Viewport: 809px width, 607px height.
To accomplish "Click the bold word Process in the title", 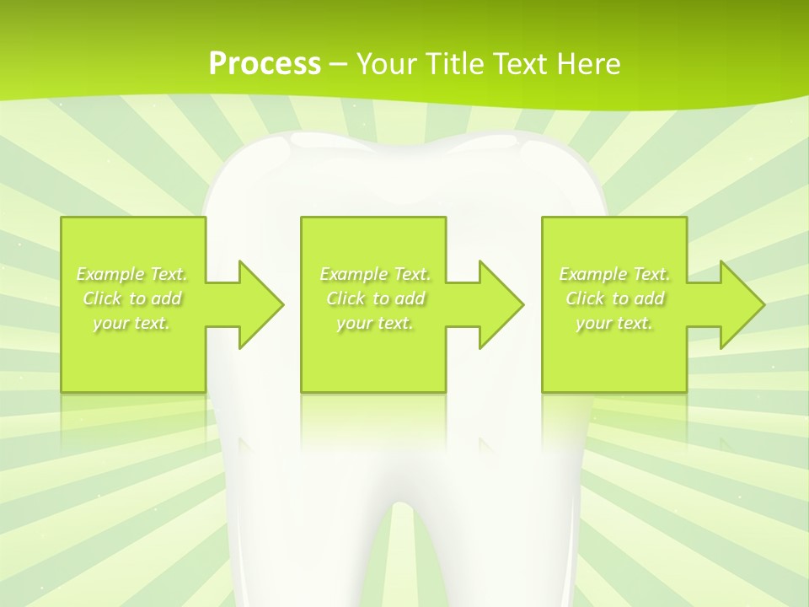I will (x=265, y=63).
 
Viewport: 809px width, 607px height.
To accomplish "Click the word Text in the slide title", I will (x=523, y=63).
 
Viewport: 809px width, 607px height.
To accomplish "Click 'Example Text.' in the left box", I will (x=132, y=274).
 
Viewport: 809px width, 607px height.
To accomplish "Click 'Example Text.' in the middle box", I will (x=375, y=274).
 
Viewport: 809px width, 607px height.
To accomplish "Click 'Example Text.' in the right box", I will (x=614, y=274).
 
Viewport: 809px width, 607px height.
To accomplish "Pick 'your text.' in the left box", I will (x=132, y=323).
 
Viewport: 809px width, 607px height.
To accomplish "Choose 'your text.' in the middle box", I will (x=375, y=323).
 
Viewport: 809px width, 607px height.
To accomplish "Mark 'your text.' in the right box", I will (x=614, y=323).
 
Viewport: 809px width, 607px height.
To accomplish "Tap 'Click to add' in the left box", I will (x=132, y=298).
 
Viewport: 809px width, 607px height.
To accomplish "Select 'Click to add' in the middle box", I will (x=375, y=298).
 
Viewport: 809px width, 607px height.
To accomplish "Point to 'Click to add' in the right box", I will (x=614, y=298).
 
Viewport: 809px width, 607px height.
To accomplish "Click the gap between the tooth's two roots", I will (x=404, y=565).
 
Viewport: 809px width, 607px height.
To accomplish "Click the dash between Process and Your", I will (x=339, y=65).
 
